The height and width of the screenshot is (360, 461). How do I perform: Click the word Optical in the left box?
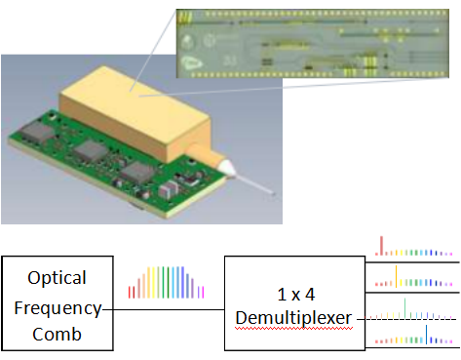point(57,278)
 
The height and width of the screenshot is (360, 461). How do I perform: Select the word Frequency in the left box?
point(58,308)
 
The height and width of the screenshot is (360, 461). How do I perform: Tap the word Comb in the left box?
point(57,334)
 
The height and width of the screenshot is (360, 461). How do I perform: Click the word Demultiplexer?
point(293,318)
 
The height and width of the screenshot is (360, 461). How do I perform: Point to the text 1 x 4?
point(296,295)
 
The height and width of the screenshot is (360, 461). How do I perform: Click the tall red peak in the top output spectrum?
point(381,246)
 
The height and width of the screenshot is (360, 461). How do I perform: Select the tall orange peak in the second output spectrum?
point(396,276)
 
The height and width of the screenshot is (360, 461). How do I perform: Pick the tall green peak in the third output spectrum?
point(404,308)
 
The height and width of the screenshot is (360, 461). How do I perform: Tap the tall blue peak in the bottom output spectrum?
point(426,335)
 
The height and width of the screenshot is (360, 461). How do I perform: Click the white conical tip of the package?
point(226,167)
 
